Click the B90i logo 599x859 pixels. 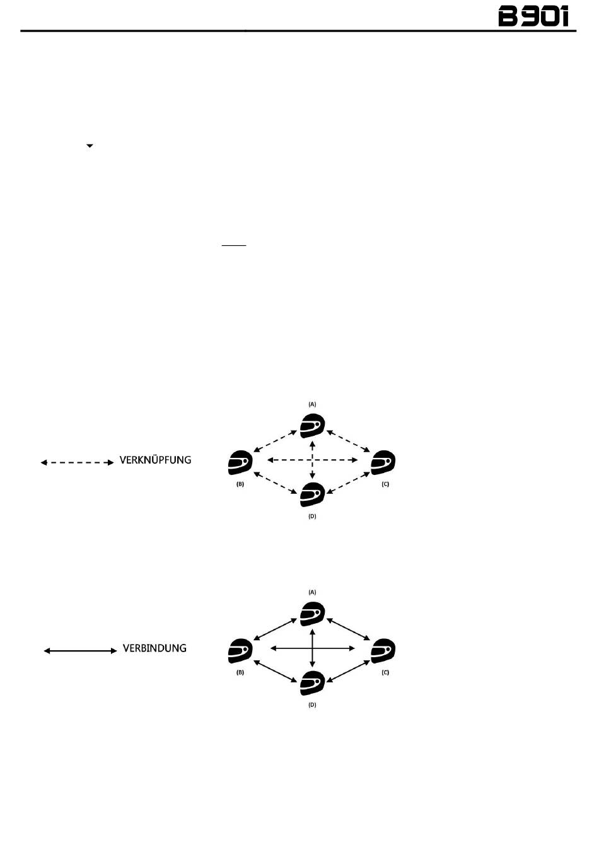coord(533,16)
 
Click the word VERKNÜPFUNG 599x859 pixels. coord(155,460)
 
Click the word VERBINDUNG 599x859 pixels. coord(154,648)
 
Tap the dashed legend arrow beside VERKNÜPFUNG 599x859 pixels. coord(77,462)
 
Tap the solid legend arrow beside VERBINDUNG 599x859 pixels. coord(80,650)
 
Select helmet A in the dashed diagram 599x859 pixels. coord(312,426)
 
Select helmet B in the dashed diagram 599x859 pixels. coord(240,463)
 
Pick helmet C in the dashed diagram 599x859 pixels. coord(383,463)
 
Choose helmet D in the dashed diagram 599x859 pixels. coord(312,494)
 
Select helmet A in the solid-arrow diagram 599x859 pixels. coord(312,614)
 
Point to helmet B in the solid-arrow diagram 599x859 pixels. coord(240,651)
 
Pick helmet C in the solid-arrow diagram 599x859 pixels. coord(383,651)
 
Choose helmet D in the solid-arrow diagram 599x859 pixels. coord(312,683)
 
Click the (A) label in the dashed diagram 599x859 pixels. coord(312,404)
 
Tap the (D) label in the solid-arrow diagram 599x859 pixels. coord(312,704)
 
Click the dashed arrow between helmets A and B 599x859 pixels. coord(275,441)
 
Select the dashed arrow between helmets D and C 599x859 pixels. coord(348,482)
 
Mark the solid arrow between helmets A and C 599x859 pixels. coord(349,629)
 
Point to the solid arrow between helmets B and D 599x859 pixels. coord(275,671)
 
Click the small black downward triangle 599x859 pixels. coord(90,146)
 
